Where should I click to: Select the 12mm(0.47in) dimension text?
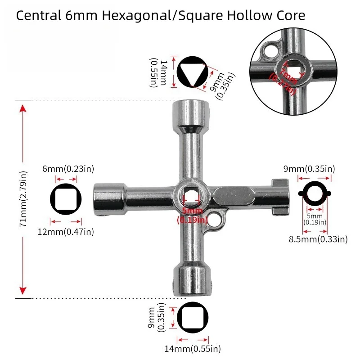coord(72,232)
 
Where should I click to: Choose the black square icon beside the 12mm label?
coord(66,200)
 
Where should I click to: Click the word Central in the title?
coord(37,16)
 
